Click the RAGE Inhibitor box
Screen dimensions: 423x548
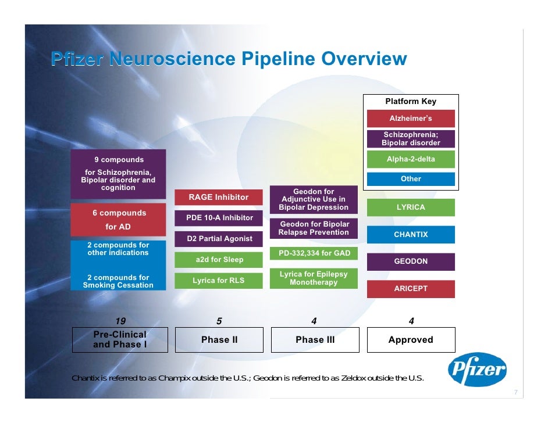pyautogui.click(x=218, y=198)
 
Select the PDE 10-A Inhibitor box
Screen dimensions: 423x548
pyautogui.click(x=219, y=218)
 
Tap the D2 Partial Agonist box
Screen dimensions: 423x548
pyautogui.click(x=219, y=239)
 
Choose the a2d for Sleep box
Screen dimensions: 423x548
pyautogui.click(x=218, y=260)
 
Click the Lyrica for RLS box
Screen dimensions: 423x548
pyautogui.click(x=218, y=281)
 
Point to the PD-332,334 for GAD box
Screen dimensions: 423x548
pyautogui.click(x=314, y=253)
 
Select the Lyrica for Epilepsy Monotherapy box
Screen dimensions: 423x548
pyautogui.click(x=314, y=278)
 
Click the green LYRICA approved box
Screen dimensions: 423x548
pyautogui.click(x=411, y=207)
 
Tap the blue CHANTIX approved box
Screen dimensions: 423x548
pyautogui.click(x=411, y=235)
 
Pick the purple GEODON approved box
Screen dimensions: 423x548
pyautogui.click(x=411, y=261)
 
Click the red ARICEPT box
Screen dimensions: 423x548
pyautogui.click(x=411, y=289)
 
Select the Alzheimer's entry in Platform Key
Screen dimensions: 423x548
pyautogui.click(x=411, y=119)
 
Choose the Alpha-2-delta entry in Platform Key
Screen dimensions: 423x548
pyautogui.click(x=411, y=159)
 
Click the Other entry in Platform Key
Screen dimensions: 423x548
pyautogui.click(x=411, y=179)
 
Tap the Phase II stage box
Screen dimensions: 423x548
pyautogui.click(x=219, y=340)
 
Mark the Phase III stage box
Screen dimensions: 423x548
pyautogui.click(x=315, y=340)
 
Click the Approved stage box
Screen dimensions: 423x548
pyautogui.click(x=411, y=340)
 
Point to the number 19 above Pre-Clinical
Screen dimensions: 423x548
pyautogui.click(x=120, y=321)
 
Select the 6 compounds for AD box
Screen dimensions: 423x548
pyautogui.click(x=118, y=220)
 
